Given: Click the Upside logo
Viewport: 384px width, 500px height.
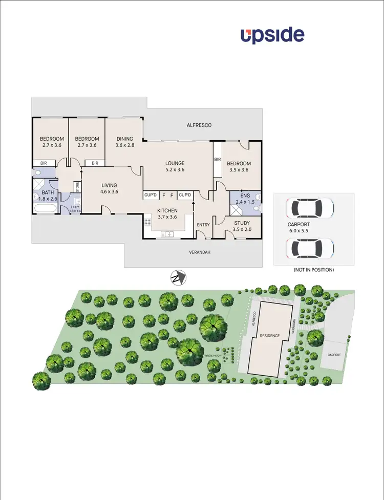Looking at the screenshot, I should click(272, 35).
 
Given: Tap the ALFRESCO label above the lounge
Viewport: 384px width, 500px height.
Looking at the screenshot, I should click(199, 125).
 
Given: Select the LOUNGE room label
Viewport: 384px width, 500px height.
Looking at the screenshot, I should click(175, 163).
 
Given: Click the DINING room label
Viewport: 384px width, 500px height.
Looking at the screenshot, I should click(124, 139).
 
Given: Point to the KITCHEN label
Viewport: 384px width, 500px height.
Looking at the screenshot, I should click(167, 210).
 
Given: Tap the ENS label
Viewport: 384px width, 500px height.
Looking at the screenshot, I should click(240, 195).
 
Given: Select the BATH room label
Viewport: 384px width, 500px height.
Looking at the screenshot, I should click(48, 192).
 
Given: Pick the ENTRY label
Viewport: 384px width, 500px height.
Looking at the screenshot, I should click(203, 225).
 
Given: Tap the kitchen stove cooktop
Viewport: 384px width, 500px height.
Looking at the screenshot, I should click(147, 222).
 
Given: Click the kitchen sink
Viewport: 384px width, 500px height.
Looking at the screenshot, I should click(167, 234).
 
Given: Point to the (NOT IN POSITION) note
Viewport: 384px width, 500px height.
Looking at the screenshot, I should click(313, 270).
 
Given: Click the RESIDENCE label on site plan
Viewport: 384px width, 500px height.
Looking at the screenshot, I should click(269, 336).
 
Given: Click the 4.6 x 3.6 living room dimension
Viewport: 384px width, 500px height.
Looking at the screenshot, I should click(109, 192).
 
